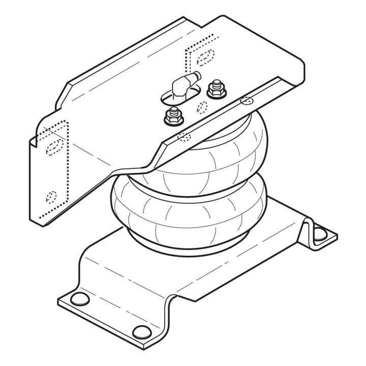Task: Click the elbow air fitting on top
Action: [182, 85]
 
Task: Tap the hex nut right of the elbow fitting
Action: [217, 90]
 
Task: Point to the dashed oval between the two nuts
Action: [201, 107]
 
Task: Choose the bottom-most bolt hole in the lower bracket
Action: [141, 332]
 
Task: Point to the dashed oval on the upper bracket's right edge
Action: [247, 100]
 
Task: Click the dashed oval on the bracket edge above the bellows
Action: [184, 136]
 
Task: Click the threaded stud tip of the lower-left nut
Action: [172, 110]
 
